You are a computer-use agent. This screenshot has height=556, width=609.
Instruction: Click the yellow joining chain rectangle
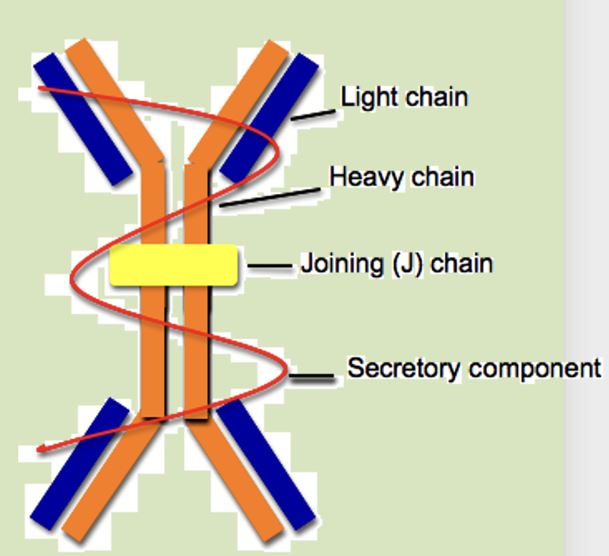tap(173, 265)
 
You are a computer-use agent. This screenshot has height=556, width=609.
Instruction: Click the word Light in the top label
tap(367, 97)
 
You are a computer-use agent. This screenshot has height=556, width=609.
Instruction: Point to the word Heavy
tap(361, 176)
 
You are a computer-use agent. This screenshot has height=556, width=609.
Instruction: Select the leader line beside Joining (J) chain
tap(270, 266)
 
